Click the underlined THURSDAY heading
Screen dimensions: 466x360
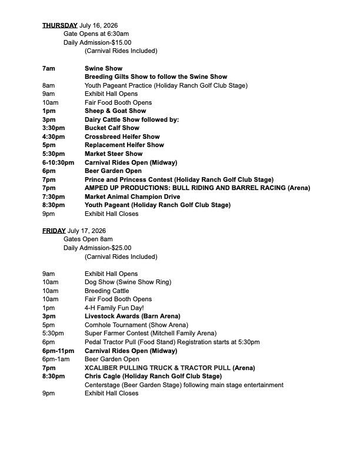(59, 25)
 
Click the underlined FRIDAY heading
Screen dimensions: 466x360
(54, 231)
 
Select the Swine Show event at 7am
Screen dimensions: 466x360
(104, 68)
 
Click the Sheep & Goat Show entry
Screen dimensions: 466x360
(115, 111)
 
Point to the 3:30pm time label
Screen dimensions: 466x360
(54, 128)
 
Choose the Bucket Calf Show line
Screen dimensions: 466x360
(112, 128)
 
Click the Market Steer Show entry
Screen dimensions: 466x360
(114, 154)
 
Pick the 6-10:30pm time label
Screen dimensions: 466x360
(58, 162)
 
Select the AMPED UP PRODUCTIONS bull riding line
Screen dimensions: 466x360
(197, 188)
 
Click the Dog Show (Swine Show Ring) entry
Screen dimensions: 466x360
(128, 282)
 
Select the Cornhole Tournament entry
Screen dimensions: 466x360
(136, 325)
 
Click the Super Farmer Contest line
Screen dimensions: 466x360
(150, 333)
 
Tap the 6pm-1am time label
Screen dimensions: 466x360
(56, 359)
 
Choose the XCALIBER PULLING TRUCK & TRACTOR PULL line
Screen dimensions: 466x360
(169, 368)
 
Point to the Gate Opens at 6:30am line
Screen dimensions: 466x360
(96, 34)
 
